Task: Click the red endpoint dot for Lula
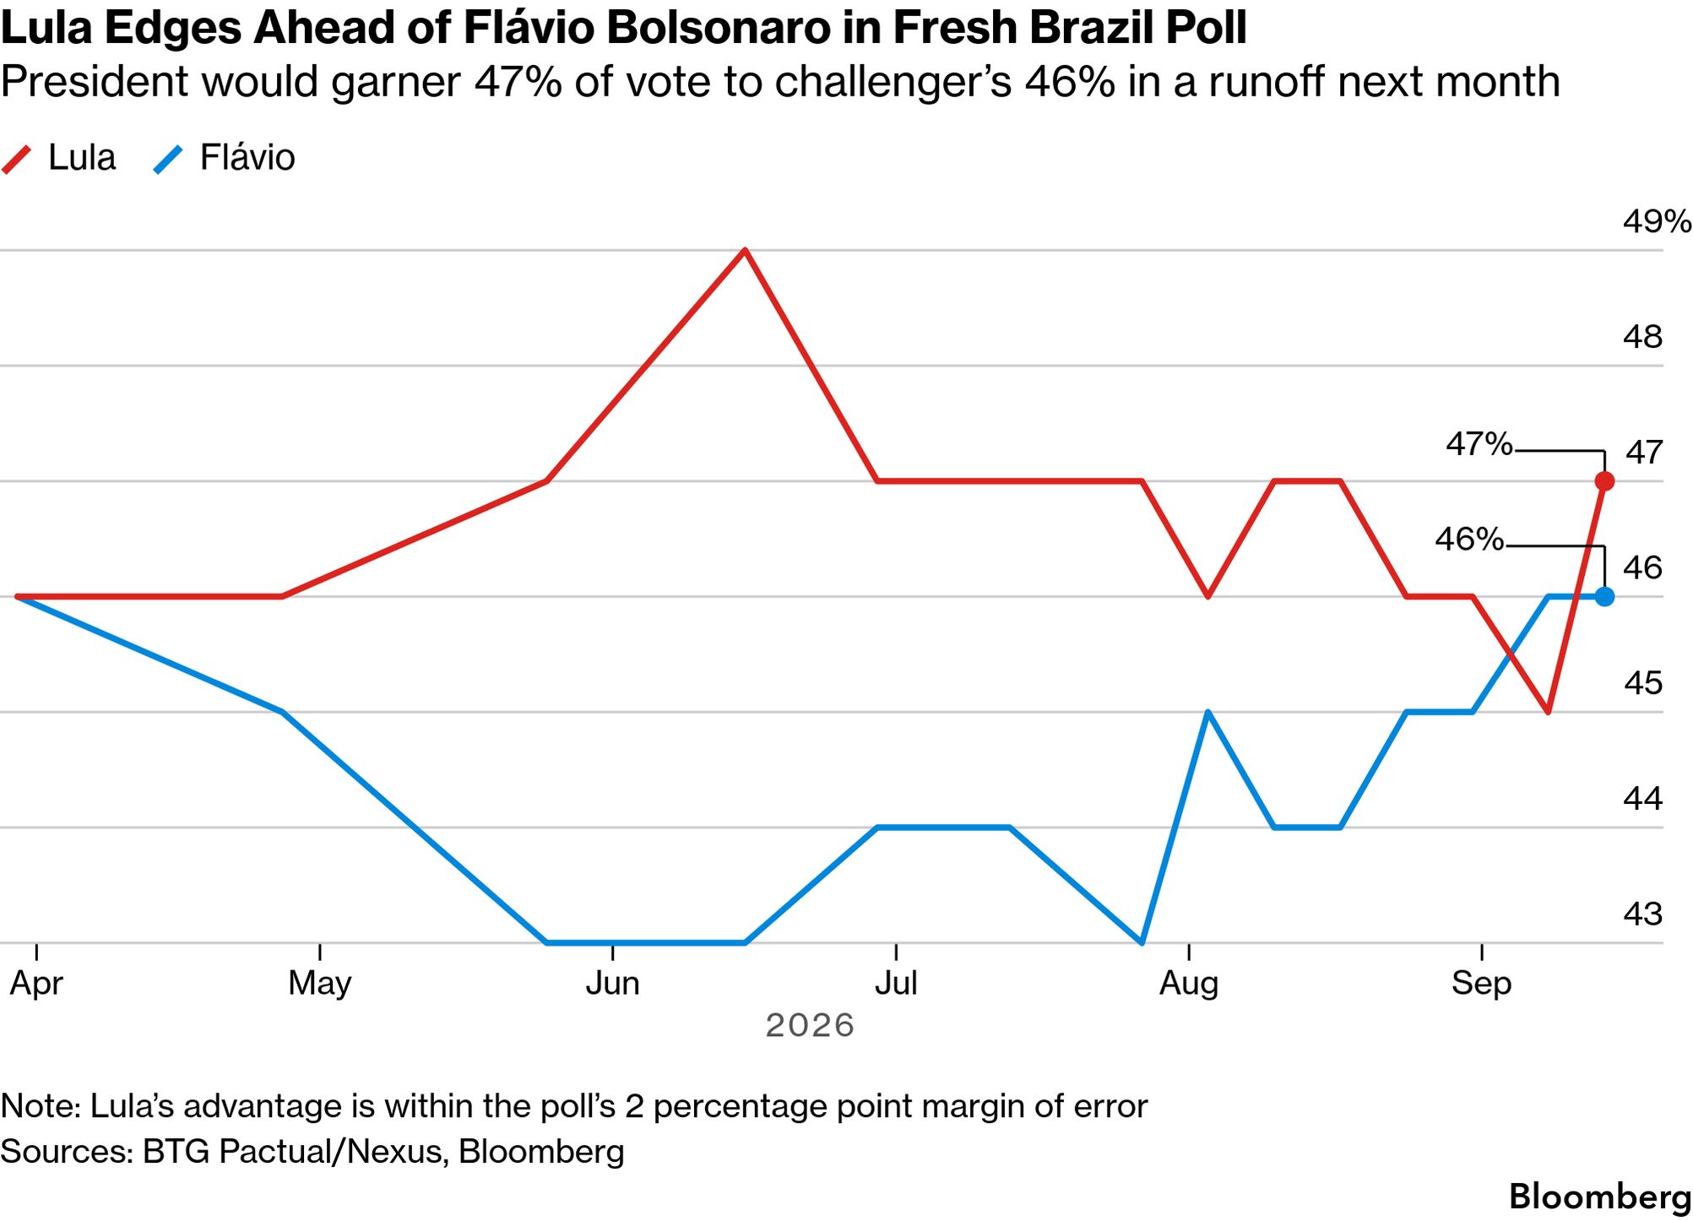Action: [x=1604, y=481]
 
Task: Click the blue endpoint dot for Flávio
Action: [x=1604, y=596]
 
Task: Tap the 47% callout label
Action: [x=1479, y=444]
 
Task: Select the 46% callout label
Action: [x=1469, y=539]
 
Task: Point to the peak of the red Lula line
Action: [x=745, y=251]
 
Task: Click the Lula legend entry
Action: [x=59, y=158]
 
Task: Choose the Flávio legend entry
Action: [x=224, y=158]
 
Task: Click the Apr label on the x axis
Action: [x=36, y=984]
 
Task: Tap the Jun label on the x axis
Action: [x=612, y=984]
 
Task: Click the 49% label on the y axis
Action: [x=1657, y=222]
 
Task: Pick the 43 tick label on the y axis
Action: [x=1642, y=914]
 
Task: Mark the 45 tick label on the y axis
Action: [x=1642, y=683]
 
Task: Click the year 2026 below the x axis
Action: [x=810, y=1026]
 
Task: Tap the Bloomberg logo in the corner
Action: [x=1599, y=1197]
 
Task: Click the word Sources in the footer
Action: [x=67, y=1152]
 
